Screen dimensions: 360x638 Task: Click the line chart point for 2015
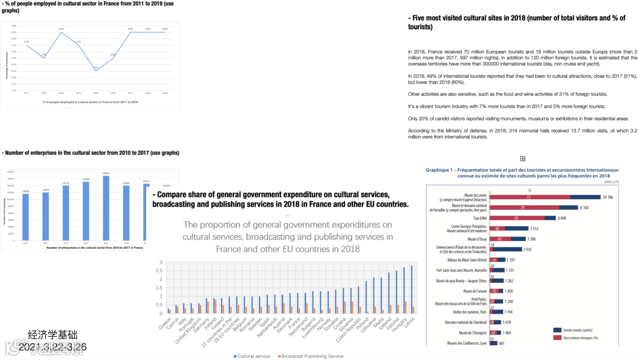(96, 71)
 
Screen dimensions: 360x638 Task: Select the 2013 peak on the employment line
(61, 32)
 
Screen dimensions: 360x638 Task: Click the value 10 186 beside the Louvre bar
(611, 197)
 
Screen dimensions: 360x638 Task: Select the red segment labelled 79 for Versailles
(522, 207)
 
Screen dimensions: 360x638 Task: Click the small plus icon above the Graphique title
(523, 159)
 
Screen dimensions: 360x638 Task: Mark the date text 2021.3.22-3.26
(52, 346)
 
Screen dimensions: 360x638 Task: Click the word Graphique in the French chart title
(440, 169)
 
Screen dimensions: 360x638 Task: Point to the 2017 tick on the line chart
(130, 93)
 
